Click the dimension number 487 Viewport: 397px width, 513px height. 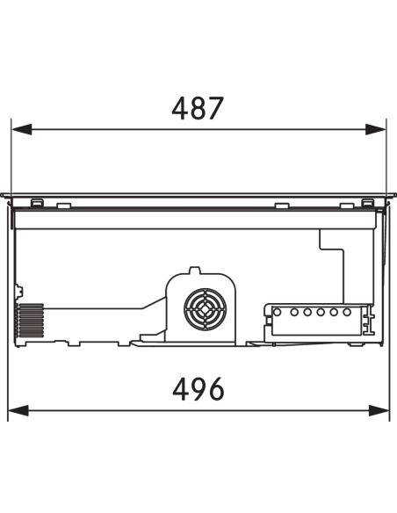click(198, 108)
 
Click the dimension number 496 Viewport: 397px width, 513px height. click(198, 389)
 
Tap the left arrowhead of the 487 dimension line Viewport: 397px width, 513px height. click(22, 129)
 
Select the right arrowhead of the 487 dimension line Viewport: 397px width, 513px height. click(375, 129)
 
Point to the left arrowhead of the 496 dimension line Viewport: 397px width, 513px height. click(18, 410)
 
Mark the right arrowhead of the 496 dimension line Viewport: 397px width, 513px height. click(379, 410)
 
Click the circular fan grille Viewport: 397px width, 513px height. click(205, 309)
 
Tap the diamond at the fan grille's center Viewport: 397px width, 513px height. click(205, 309)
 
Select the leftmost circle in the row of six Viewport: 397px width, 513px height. click(277, 312)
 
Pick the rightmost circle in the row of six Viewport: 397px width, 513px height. click(347, 312)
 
